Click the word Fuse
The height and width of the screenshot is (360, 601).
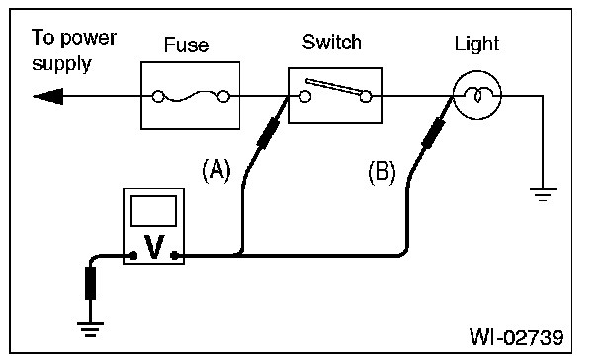tap(186, 45)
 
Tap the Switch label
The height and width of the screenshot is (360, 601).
tap(331, 42)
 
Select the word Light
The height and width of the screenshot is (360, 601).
tap(476, 45)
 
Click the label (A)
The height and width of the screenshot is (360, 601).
tap(216, 171)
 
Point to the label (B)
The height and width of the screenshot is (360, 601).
tap(382, 172)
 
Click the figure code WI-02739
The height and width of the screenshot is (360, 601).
tap(517, 338)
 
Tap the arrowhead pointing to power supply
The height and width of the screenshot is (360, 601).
tap(48, 96)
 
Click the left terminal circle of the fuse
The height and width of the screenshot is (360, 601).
tap(158, 96)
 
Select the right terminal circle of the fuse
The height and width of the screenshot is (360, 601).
tap(223, 96)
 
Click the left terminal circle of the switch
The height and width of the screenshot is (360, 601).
tap(305, 97)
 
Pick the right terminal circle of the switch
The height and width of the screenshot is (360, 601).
tap(366, 97)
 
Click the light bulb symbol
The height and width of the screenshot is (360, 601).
tap(477, 95)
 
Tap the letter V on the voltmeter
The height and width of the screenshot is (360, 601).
tap(154, 247)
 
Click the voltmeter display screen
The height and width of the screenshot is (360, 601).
tap(153, 212)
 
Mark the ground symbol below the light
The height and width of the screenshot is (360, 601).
tap(543, 194)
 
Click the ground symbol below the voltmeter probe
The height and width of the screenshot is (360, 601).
tap(90, 329)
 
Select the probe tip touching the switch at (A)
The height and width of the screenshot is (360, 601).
tap(289, 98)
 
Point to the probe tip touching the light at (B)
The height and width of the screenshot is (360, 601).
tap(453, 98)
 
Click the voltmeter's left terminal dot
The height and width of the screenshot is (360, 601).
tap(133, 256)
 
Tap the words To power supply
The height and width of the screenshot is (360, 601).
tap(74, 50)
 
